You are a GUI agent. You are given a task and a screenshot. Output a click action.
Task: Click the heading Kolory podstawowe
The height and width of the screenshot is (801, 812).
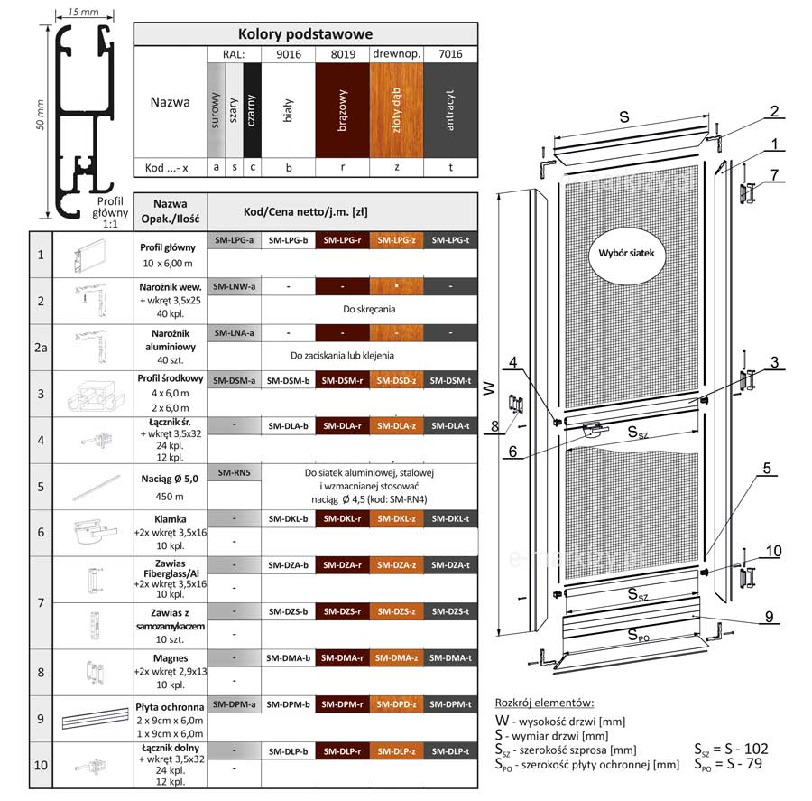pyautogui.click(x=305, y=34)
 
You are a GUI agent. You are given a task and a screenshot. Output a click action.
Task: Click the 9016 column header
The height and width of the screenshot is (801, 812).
pyautogui.click(x=289, y=54)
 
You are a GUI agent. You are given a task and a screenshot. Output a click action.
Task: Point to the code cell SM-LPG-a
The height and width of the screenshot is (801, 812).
pyautogui.click(x=234, y=241)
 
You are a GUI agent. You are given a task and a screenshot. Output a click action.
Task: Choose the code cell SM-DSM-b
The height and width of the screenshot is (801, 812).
pyautogui.click(x=289, y=380)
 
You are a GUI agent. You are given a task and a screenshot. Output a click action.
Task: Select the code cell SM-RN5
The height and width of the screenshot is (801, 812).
pyautogui.click(x=234, y=473)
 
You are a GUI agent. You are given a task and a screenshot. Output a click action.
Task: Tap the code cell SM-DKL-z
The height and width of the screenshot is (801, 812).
pyautogui.click(x=396, y=519)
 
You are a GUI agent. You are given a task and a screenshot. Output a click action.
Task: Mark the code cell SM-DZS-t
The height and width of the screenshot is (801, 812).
pyautogui.click(x=450, y=612)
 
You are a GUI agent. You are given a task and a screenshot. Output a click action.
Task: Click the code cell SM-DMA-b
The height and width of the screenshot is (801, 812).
pyautogui.click(x=289, y=658)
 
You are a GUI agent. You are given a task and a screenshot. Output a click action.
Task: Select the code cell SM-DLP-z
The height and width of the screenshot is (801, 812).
pyautogui.click(x=396, y=751)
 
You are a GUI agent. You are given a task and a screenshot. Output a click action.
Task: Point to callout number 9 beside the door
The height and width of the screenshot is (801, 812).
pyautogui.click(x=769, y=617)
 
